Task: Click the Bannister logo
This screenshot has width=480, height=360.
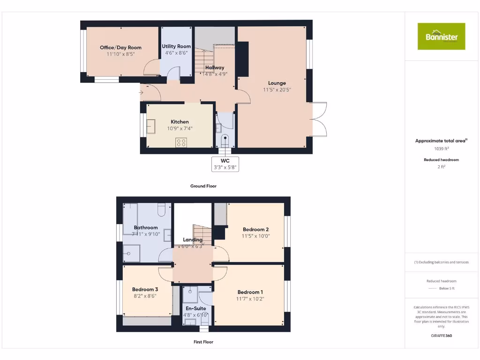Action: [x=441, y=36]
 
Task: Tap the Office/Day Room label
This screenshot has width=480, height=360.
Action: [x=120, y=47]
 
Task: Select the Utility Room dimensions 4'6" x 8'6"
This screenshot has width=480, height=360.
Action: [x=176, y=53]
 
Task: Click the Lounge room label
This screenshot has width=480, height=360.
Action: [x=277, y=83]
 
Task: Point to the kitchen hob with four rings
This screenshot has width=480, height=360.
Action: [x=181, y=142]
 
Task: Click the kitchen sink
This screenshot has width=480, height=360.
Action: [x=151, y=127]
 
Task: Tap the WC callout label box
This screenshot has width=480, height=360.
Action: [x=225, y=164]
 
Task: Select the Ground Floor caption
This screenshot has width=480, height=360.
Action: [x=203, y=186]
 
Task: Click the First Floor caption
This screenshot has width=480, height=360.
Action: [x=203, y=342]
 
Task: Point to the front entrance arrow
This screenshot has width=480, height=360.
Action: [x=141, y=93]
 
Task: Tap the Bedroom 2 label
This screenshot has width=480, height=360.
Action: [x=255, y=229]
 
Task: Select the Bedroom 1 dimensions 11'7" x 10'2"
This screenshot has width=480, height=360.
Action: [x=250, y=299]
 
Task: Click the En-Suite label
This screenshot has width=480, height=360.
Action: [x=196, y=308]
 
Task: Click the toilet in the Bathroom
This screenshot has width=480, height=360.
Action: [x=162, y=210]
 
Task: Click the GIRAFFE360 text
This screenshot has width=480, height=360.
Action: [x=441, y=336]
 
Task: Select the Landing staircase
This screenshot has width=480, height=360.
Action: [x=202, y=232]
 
